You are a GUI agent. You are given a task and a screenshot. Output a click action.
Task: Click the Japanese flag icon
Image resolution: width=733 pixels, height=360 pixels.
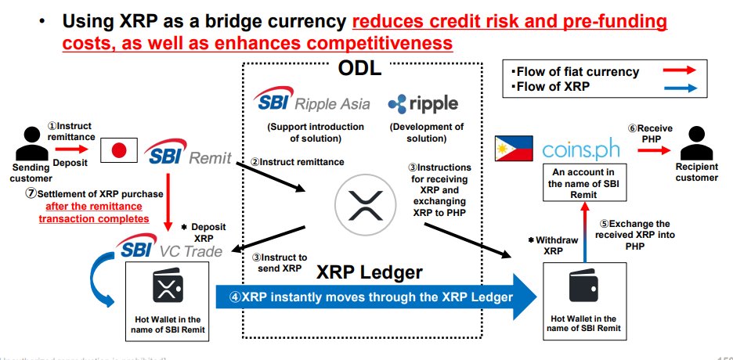tap(119, 150)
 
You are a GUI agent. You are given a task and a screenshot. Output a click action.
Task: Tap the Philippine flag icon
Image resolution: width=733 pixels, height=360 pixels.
tap(513, 149)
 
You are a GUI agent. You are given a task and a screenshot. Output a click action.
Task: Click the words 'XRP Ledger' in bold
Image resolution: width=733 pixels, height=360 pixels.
tap(370, 272)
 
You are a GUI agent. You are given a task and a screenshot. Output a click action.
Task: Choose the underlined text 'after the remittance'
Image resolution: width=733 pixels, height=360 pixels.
tap(95, 207)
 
